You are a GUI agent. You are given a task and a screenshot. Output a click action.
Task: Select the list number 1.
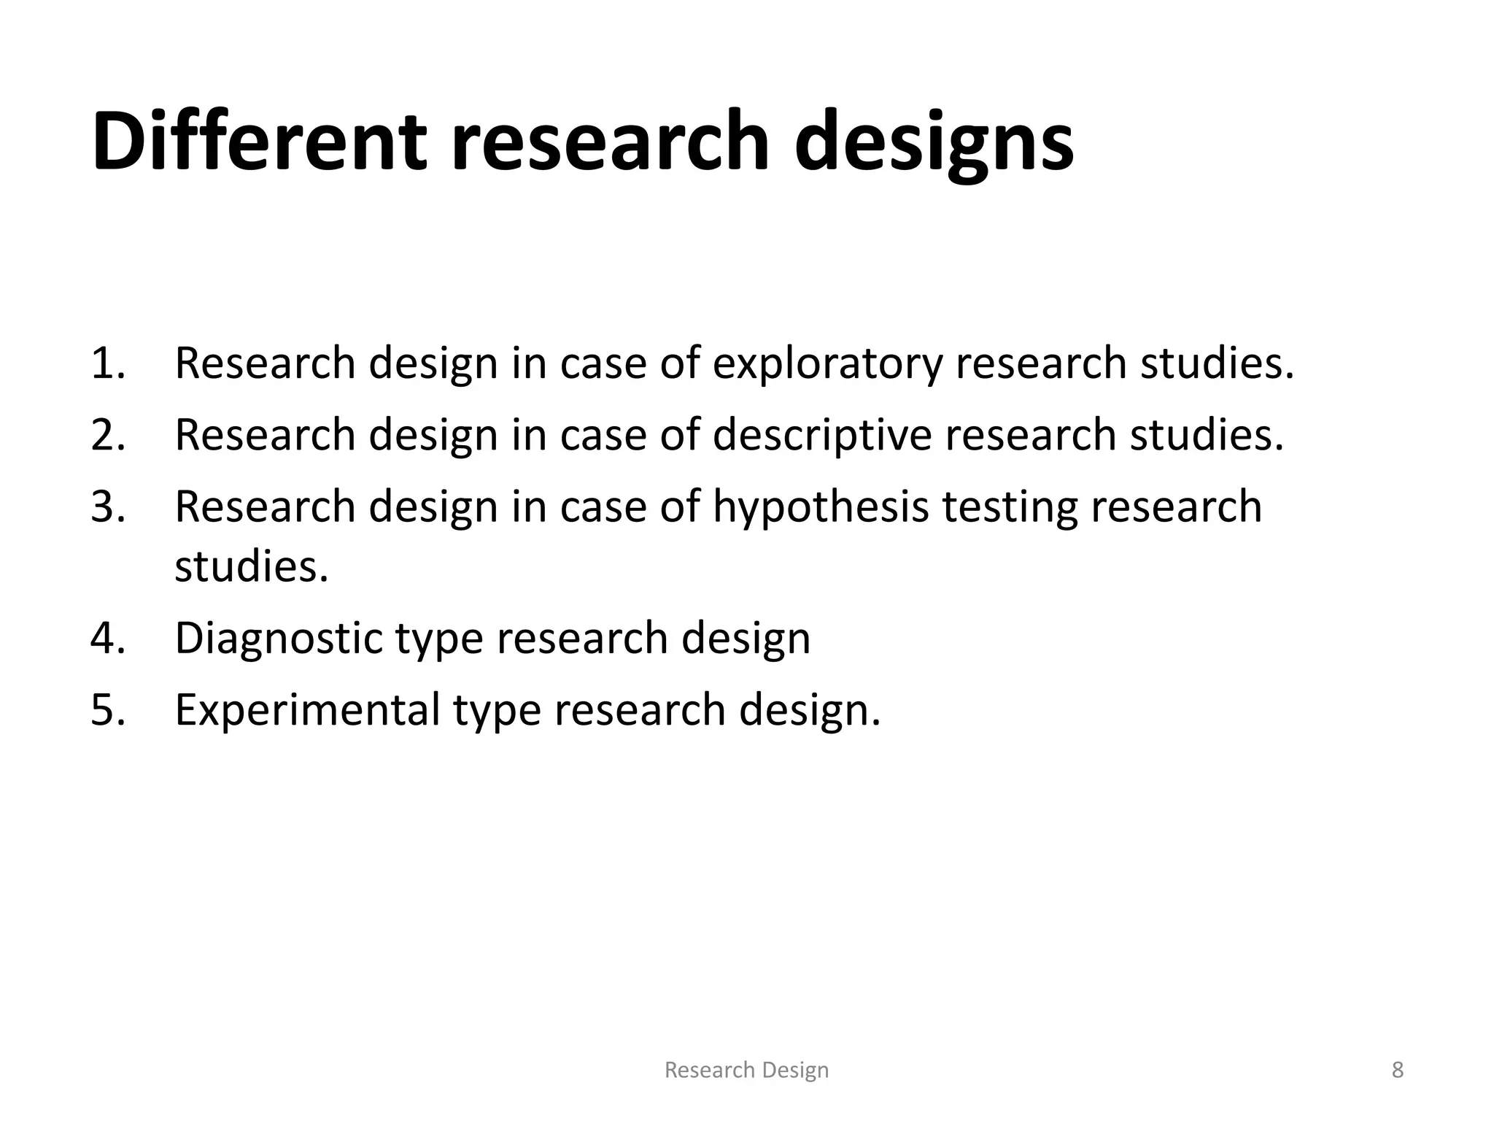point(107,363)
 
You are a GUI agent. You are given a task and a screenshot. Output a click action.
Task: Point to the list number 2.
point(108,434)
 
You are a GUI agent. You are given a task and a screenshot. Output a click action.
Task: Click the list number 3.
point(108,506)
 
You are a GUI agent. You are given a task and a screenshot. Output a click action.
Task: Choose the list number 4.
point(108,637)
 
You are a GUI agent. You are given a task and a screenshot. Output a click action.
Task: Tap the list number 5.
point(108,709)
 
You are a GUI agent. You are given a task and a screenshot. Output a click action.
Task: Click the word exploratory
point(827,364)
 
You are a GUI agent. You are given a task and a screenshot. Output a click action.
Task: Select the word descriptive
point(822,436)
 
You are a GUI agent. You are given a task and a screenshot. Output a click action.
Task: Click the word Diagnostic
point(279,639)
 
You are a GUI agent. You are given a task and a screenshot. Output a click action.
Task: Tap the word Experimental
point(307,710)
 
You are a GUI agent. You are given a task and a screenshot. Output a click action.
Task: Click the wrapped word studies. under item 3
point(252,566)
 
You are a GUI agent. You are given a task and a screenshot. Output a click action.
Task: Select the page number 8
point(1397,1070)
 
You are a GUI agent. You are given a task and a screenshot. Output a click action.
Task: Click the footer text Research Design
point(746,1070)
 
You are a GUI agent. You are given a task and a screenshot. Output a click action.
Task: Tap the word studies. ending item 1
point(1217,363)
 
